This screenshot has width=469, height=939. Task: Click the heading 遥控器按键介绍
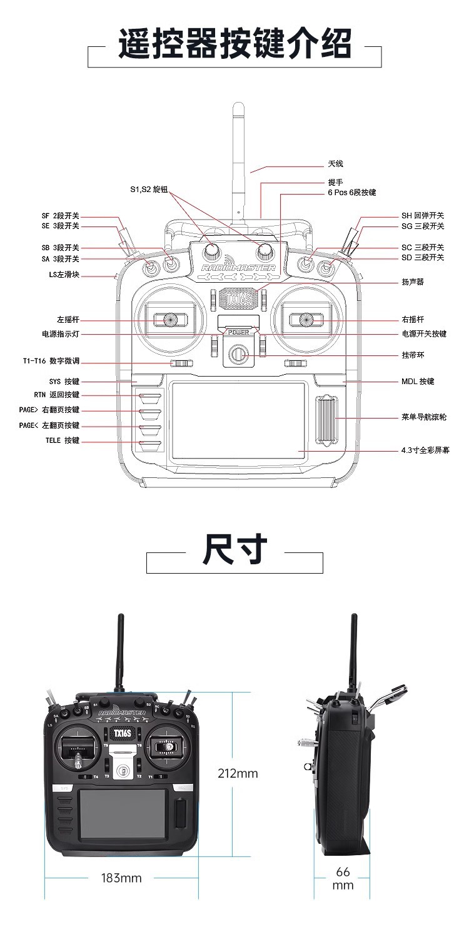point(234,44)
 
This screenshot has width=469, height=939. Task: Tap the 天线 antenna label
point(336,164)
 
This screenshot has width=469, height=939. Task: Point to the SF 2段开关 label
point(61,216)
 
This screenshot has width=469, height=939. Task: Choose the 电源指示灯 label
point(61,334)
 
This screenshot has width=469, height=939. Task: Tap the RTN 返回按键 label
point(57,395)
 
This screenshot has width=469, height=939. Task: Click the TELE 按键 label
point(63,441)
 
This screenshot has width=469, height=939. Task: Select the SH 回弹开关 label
point(423,216)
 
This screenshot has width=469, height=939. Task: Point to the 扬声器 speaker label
point(413,282)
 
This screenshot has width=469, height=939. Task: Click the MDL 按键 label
point(418,382)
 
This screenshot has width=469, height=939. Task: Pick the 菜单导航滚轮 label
point(424,417)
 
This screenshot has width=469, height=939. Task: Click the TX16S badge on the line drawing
point(237,298)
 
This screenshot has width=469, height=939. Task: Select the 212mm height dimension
point(238,774)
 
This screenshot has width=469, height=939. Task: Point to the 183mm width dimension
point(121,878)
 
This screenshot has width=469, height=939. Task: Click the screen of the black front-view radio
point(123,814)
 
